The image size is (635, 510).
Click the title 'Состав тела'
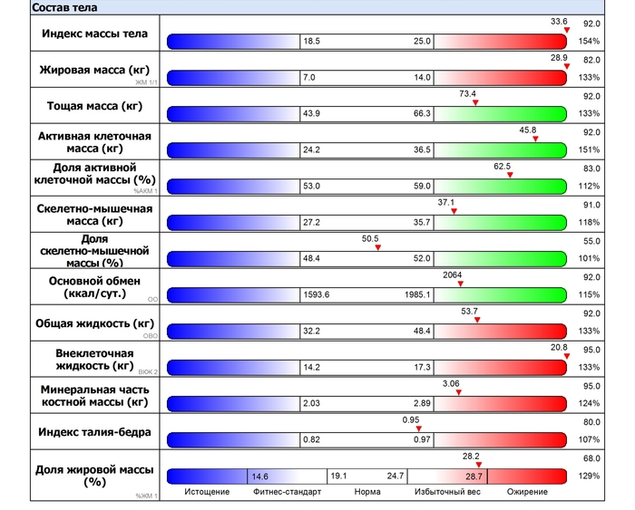[64, 6]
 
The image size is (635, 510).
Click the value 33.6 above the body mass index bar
[559, 21]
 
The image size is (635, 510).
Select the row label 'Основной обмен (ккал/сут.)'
[95, 287]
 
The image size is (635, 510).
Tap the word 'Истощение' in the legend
[206, 492]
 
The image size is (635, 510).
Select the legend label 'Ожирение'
[527, 492]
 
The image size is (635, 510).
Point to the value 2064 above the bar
[453, 274]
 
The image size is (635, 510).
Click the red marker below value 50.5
[377, 247]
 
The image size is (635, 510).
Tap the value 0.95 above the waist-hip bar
[412, 419]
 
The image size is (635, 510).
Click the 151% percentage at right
[590, 150]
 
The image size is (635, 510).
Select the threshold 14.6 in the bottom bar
[260, 476]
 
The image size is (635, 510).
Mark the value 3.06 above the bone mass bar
[451, 383]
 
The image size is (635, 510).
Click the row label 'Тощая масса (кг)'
[95, 106]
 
